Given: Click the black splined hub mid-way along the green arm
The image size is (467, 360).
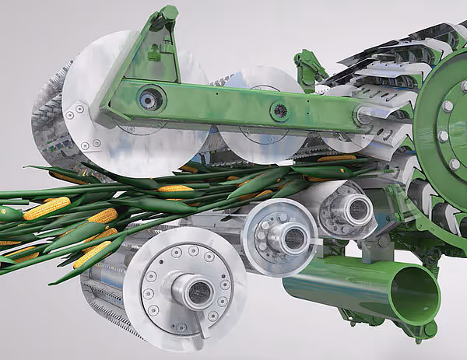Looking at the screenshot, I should pos(280,111).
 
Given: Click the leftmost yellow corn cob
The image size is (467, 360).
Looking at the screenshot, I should pos(9,212).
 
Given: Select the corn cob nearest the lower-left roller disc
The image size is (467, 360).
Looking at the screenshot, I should pos(91,253).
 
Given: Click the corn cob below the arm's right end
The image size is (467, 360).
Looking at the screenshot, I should pos(336,159).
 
